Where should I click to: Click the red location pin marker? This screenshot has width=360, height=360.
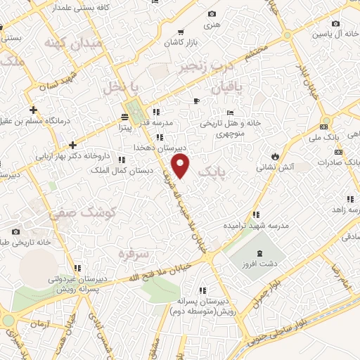[x=181, y=166]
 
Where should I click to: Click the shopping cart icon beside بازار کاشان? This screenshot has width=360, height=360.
[x=181, y=32]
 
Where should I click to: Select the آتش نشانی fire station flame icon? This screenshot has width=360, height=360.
[x=275, y=156]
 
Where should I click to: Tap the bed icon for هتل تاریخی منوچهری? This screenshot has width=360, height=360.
[x=229, y=112]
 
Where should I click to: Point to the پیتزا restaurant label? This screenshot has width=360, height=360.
[x=124, y=129]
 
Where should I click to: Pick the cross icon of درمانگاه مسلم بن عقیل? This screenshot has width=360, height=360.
[x=34, y=110]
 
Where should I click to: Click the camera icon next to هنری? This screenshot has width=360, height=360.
[x=212, y=13]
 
